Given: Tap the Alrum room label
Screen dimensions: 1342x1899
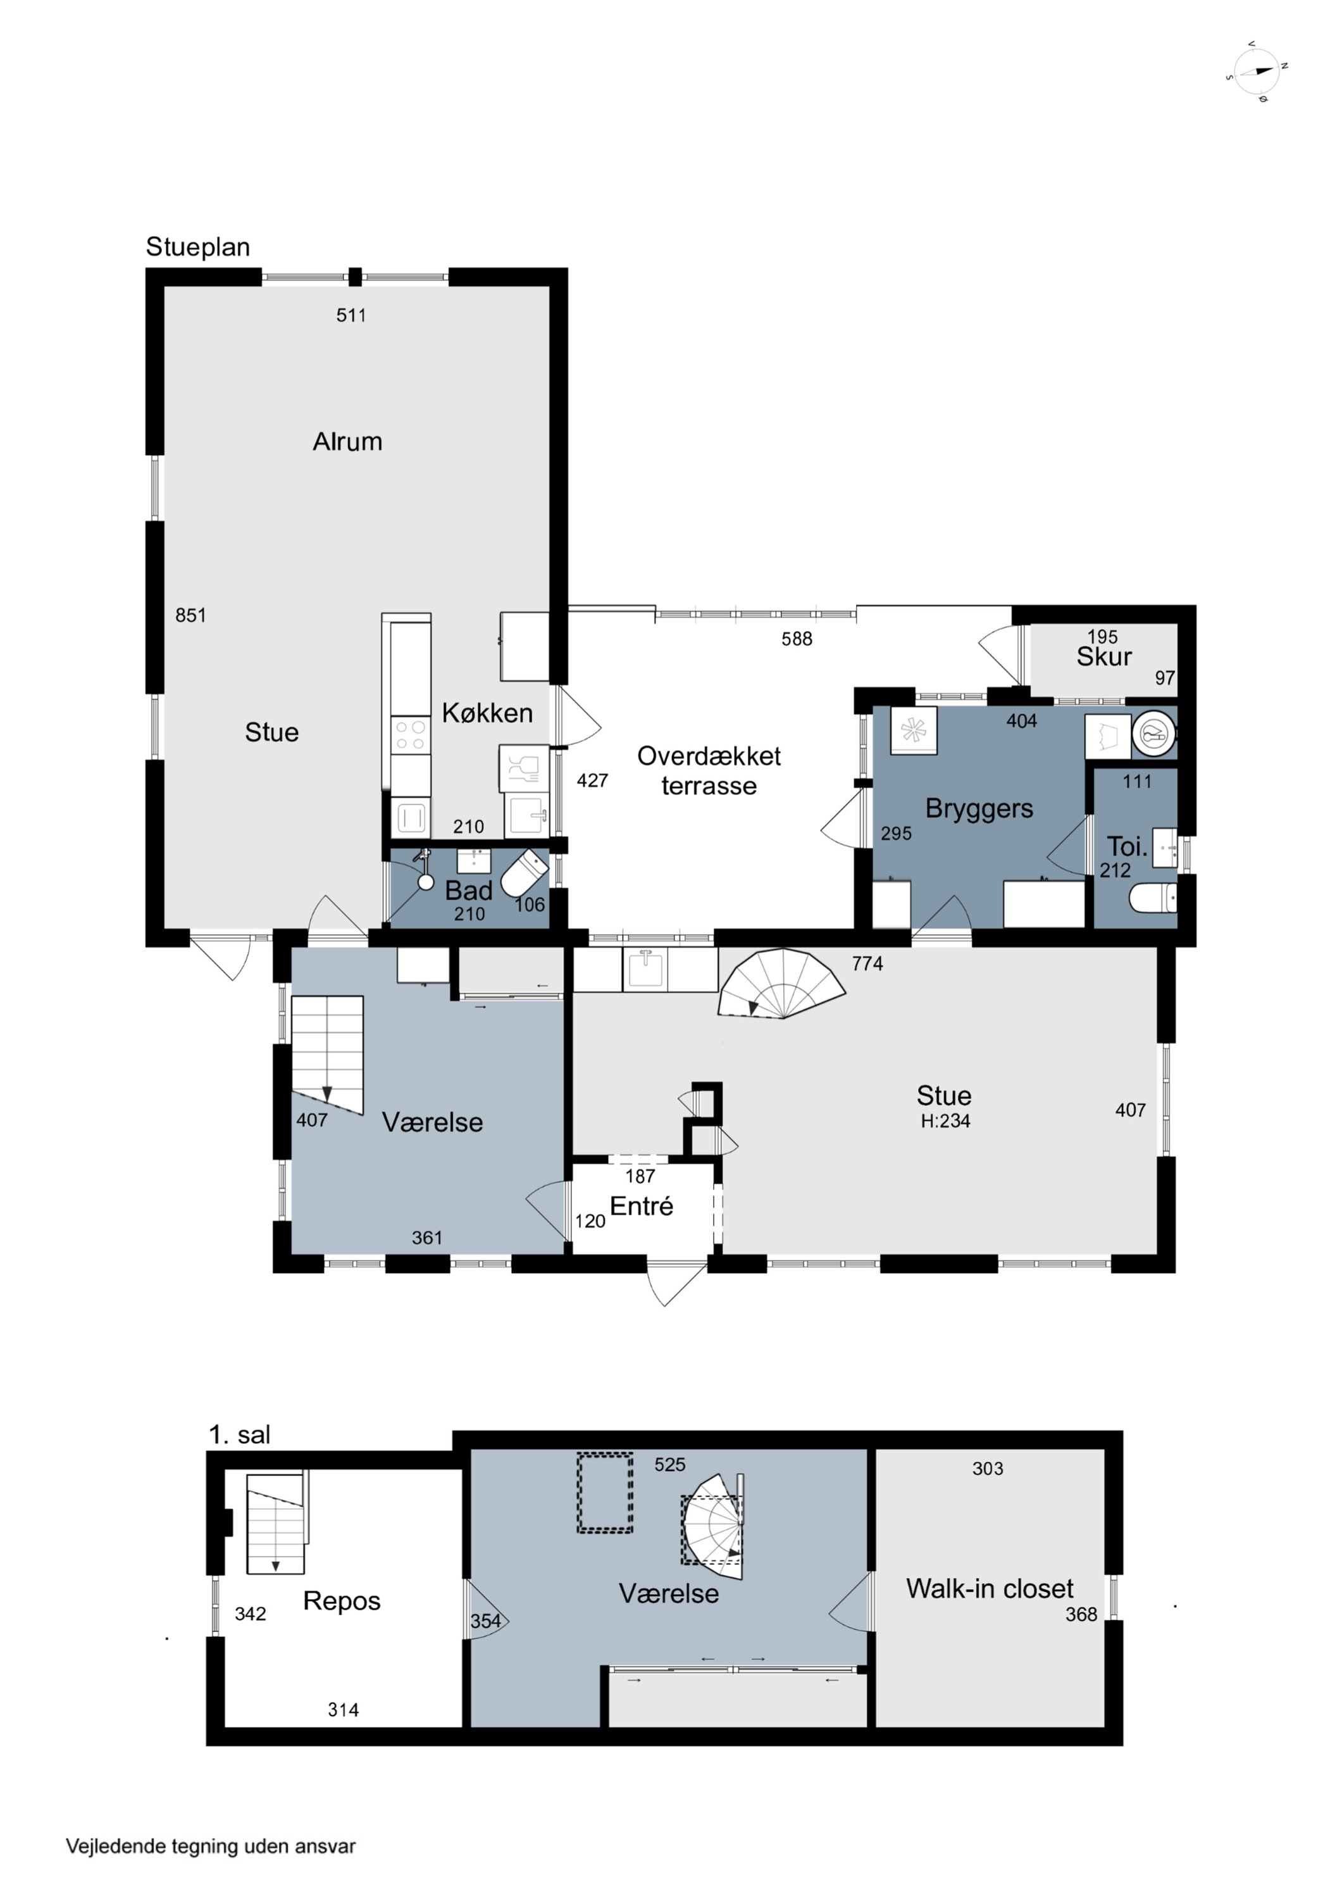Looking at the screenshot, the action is (347, 442).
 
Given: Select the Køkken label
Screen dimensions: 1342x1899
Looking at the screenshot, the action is (487, 713).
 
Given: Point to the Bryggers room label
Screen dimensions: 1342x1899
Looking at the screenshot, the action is (979, 809).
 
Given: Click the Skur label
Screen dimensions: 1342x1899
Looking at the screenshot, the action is (1104, 656).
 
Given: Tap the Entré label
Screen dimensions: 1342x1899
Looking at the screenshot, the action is (641, 1206).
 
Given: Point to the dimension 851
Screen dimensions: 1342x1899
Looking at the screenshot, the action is (190, 615).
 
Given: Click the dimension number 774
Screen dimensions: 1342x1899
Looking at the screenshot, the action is (867, 963).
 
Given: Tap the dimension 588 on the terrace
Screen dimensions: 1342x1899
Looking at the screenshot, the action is (797, 639).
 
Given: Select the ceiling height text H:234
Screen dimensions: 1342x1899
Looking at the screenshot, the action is (945, 1122).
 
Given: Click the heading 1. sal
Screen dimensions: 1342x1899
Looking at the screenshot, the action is (239, 1435).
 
